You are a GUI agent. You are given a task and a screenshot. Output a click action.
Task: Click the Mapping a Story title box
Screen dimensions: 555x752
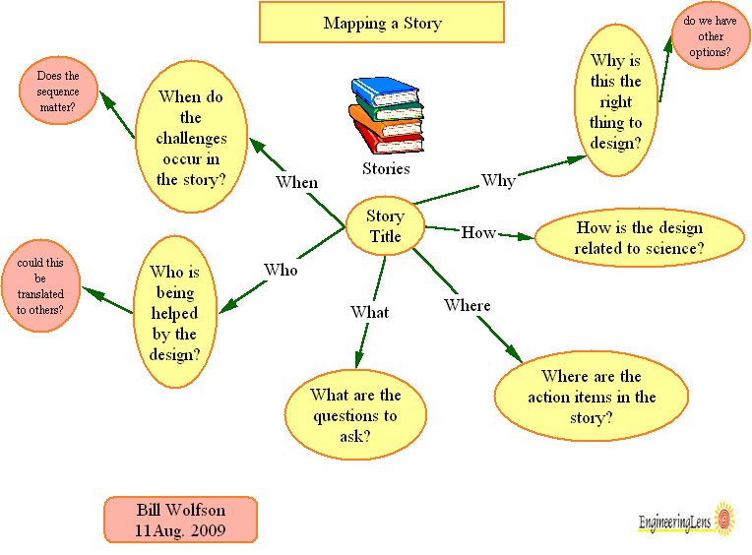click(381, 23)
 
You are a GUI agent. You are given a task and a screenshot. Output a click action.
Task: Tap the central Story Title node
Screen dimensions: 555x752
click(385, 226)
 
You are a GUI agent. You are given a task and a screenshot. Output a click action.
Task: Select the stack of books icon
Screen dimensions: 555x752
click(386, 115)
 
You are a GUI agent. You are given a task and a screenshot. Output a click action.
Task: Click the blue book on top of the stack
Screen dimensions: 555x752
click(385, 92)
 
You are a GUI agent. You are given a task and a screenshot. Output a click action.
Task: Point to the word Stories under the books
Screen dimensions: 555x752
click(386, 168)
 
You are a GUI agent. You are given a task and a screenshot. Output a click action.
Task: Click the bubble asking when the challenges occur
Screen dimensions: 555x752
click(191, 138)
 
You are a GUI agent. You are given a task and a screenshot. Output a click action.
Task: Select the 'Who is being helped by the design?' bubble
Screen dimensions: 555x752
click(174, 312)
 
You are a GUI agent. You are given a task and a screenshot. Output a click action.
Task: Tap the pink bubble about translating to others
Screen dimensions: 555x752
click(40, 285)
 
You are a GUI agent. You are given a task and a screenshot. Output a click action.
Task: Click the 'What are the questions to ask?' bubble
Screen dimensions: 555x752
click(355, 415)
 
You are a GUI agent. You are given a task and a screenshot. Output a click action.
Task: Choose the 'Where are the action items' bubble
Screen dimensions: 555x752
click(591, 397)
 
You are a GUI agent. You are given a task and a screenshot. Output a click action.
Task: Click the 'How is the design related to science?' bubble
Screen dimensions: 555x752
click(639, 237)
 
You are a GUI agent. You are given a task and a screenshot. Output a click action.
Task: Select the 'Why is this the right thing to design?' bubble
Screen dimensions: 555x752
click(616, 101)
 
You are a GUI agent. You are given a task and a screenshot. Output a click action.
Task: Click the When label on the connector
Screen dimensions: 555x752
click(296, 182)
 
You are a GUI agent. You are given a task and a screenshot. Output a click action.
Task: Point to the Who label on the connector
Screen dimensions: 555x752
click(280, 270)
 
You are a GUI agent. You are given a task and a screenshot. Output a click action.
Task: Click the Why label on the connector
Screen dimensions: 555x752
click(498, 180)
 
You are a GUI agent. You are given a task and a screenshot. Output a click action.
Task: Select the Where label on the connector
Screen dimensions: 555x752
click(467, 305)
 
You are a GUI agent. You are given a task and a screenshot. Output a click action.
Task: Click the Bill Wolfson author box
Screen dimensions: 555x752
click(180, 520)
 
